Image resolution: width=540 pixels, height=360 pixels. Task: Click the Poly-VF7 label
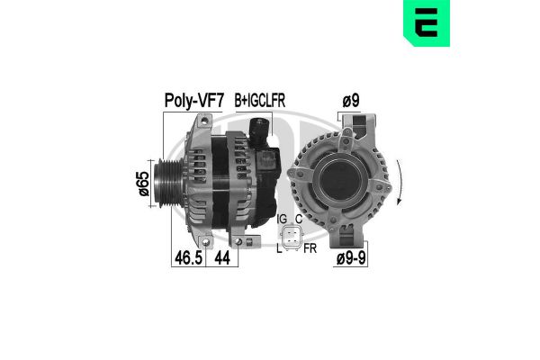point(192,101)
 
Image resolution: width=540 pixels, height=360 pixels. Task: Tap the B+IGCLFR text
point(259,102)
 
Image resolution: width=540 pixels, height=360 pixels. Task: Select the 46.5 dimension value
point(187,257)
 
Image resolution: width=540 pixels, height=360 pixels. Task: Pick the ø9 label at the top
point(349,102)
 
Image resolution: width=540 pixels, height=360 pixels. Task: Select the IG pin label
point(282,219)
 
